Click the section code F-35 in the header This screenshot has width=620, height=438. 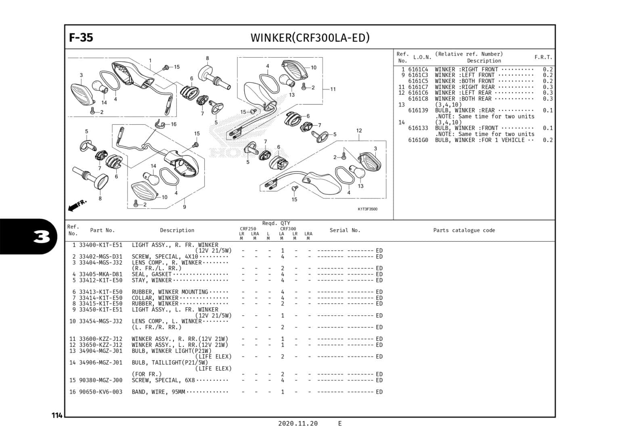pos(81,38)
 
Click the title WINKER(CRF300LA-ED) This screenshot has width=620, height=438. pos(310,38)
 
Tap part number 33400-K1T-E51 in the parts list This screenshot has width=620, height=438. pos(101,245)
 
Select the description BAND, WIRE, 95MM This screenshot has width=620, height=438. pos(158,392)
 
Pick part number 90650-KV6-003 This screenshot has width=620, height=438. pos(101,392)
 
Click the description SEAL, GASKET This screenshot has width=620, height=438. pos(151,274)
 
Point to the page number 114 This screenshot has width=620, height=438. pos(57,415)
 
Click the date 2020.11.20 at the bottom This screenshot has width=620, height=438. pos(297,423)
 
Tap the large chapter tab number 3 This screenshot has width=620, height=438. pos(42,237)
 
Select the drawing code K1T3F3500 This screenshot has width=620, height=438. pos(367,209)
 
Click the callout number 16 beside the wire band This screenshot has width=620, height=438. pos(174,124)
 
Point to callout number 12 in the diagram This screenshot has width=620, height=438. pos(359,131)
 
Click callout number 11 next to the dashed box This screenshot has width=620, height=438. pos(333,89)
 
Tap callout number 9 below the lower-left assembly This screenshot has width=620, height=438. pos(184,207)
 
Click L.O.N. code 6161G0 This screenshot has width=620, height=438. pos(418,140)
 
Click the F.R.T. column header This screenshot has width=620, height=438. pos(543,57)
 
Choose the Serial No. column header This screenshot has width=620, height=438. pos(345,230)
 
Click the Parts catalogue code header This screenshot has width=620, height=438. pos(464,230)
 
